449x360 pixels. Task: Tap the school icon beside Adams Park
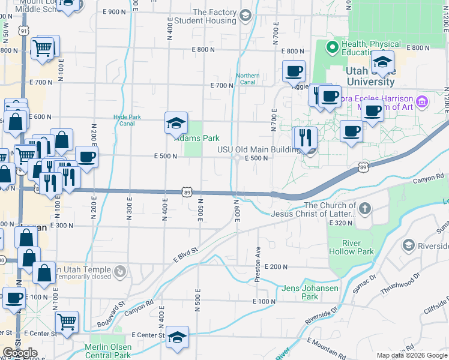point(176,124)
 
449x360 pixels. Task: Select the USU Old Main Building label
point(259,149)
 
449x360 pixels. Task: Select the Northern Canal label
point(247,79)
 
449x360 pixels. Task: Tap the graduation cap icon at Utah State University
point(382,62)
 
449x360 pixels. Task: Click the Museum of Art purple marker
point(422,101)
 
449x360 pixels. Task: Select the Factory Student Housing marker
point(245,16)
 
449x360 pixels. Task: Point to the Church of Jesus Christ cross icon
point(365,209)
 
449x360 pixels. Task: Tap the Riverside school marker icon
point(409,245)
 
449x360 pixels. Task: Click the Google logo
point(20,353)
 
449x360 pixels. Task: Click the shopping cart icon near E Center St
point(67,322)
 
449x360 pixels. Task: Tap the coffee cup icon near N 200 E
point(86,157)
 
